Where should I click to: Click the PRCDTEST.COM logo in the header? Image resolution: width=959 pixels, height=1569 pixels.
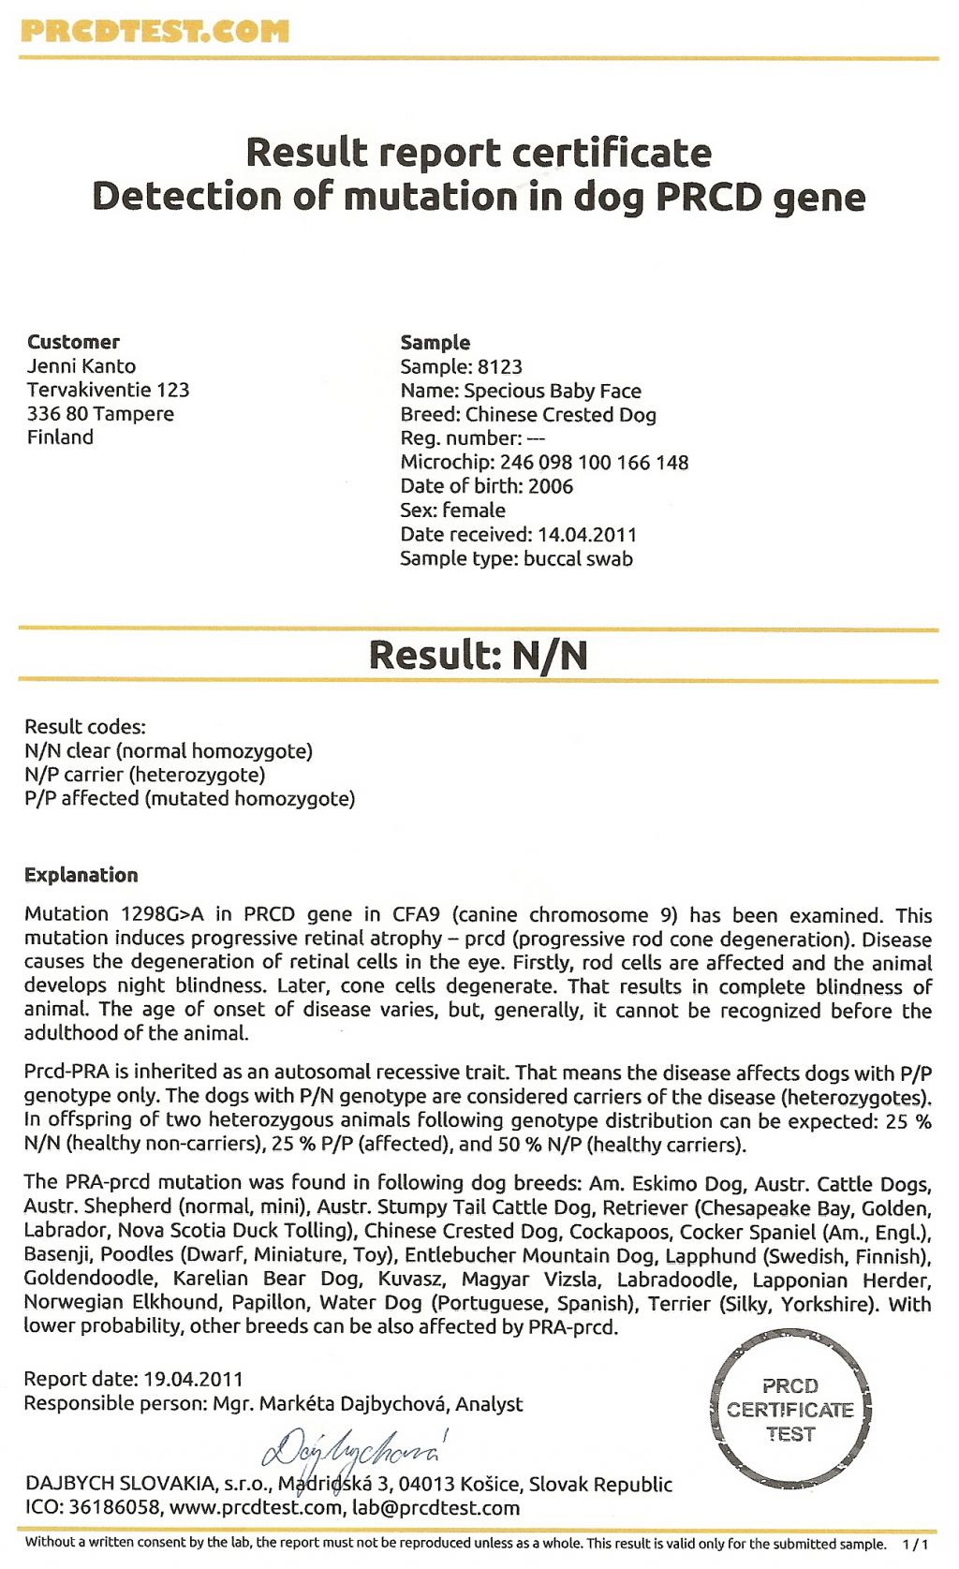pos(155,31)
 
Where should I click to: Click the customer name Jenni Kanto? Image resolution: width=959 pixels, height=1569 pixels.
pos(81,366)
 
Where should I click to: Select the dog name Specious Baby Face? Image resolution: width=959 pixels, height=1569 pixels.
pos(553,391)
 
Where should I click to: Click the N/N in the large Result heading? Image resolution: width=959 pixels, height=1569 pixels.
pos(550,655)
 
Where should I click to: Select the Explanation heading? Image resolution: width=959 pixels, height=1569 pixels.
pos(81,875)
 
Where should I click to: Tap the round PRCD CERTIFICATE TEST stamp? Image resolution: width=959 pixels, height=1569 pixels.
pos(789,1410)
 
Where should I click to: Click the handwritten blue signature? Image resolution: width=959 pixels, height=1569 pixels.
pos(352,1448)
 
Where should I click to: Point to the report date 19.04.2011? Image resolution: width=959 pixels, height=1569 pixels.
pos(193,1379)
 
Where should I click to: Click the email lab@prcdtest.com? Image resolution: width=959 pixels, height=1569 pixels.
pos(435,1508)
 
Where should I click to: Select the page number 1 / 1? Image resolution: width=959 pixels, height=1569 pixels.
pos(915,1544)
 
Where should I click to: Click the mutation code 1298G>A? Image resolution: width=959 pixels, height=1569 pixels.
pos(162,914)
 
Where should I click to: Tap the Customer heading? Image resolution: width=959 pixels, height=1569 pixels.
pos(73,342)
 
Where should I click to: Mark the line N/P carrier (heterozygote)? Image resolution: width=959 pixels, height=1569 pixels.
pos(145,775)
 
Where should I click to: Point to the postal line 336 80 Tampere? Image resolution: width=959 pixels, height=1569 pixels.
pos(100,414)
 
